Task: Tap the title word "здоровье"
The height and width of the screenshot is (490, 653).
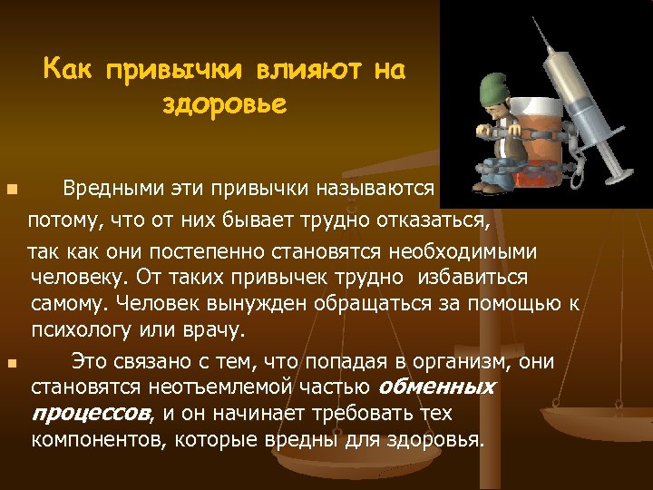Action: [224, 103]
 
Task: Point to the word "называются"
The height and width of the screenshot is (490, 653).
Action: [376, 191]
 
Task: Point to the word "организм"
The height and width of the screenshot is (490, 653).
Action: [445, 361]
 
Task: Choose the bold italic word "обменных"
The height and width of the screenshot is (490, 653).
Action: [436, 387]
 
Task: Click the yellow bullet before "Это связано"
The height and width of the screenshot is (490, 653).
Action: [10, 363]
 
